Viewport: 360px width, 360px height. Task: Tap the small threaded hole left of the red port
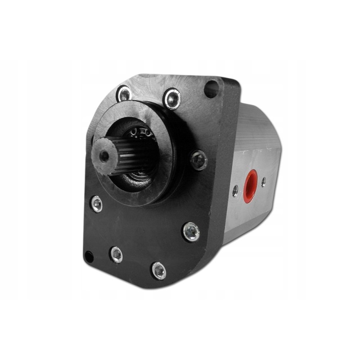[x=235, y=191]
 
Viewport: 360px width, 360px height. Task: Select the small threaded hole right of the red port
[x=264, y=182]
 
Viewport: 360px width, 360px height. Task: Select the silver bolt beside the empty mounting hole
[x=172, y=99]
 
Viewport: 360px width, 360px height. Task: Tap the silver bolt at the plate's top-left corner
[x=124, y=94]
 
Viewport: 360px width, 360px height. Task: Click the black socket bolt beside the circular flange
[x=198, y=160]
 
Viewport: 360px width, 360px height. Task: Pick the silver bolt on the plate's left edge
[x=96, y=204]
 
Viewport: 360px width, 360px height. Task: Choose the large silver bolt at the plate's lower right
[x=191, y=232]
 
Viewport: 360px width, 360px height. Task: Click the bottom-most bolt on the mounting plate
[x=158, y=270]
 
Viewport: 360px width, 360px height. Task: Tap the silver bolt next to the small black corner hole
[x=116, y=255]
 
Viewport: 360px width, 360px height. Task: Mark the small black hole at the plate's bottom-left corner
[x=89, y=257]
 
